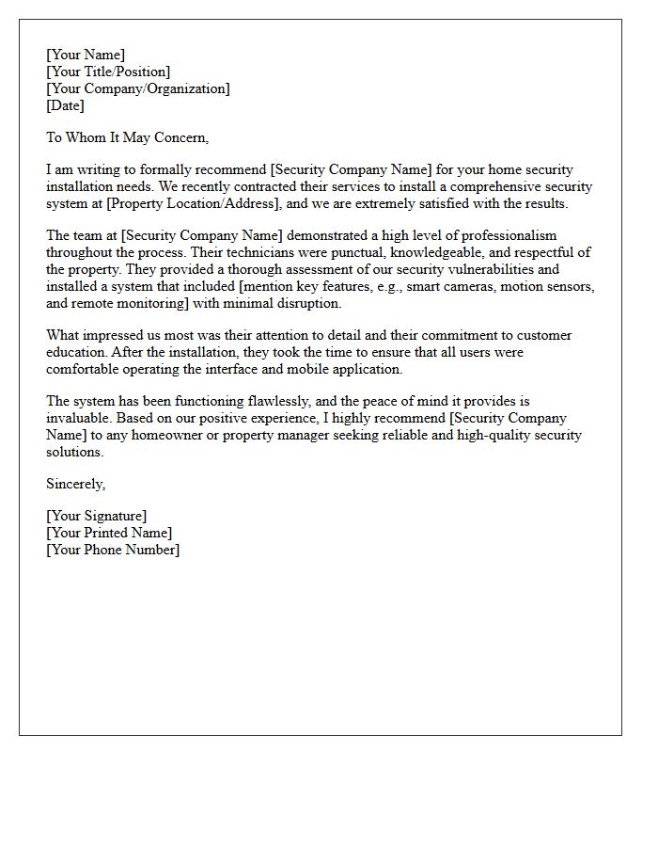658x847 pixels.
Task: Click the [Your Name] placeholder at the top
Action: point(86,55)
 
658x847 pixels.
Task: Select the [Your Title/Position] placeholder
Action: point(108,72)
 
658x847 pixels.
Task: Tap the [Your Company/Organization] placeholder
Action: point(138,88)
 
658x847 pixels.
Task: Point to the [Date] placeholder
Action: point(65,105)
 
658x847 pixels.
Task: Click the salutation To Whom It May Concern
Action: point(127,137)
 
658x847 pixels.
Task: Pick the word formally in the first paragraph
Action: point(192,169)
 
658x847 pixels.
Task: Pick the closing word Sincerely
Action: point(76,484)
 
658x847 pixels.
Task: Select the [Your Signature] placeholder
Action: point(97,516)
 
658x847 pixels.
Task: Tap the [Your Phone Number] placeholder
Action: point(113,550)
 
